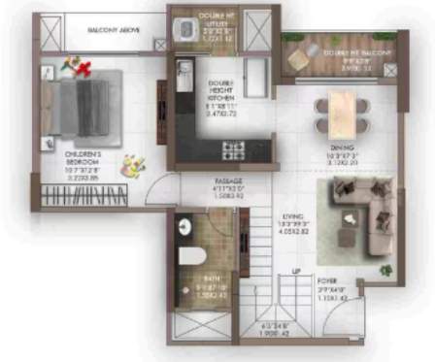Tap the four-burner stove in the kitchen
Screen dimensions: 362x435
(x=234, y=149)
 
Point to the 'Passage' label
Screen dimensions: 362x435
(x=228, y=181)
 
